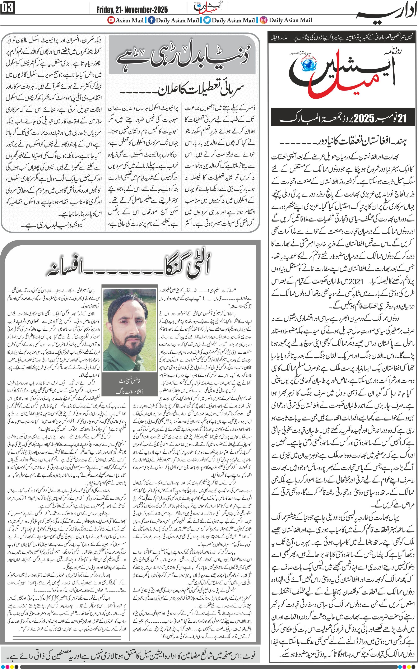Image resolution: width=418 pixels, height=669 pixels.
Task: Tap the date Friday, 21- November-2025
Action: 132,10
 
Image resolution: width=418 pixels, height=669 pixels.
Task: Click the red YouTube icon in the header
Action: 111,20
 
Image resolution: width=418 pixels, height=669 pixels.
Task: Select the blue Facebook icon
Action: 151,20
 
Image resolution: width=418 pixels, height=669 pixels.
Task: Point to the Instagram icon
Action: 264,20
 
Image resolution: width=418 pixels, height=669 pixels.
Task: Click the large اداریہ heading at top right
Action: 385,14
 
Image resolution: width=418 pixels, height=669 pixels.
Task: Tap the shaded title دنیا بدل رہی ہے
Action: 182,55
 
